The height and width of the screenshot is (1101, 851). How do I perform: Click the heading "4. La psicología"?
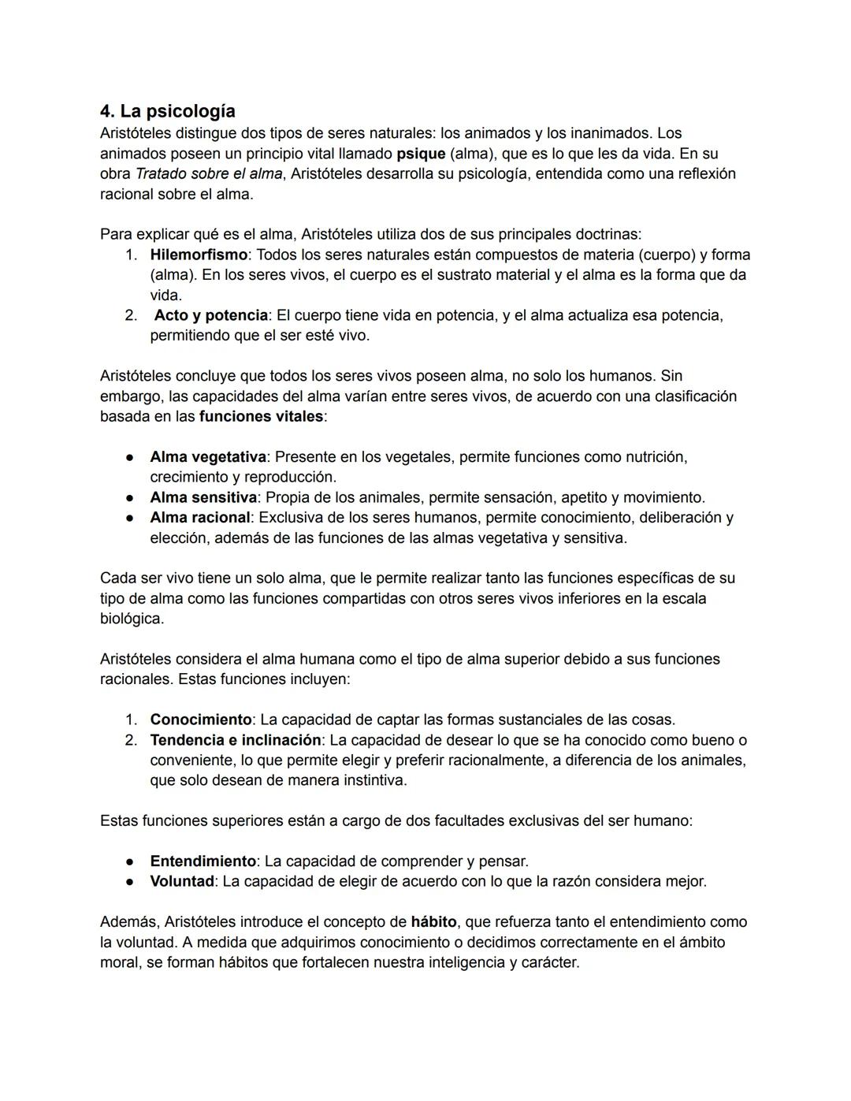pos(167,111)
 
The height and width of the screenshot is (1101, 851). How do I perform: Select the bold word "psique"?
pos(421,154)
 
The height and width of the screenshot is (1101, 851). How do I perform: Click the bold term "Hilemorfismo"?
pos(199,255)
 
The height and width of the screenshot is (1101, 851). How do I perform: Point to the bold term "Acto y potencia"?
pos(210,316)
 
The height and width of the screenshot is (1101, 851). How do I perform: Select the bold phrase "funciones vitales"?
pos(261,416)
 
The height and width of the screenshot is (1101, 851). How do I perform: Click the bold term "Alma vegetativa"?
pos(208,457)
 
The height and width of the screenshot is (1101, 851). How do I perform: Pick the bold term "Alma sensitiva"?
pos(203,498)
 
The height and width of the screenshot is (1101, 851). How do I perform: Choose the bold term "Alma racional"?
pos(200,518)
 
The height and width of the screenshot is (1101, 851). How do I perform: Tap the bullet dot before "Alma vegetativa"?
pos(129,458)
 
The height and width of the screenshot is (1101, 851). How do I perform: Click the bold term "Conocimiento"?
pos(201,720)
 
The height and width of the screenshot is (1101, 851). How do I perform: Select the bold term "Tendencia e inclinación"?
pos(236,741)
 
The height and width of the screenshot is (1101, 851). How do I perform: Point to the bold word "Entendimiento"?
pos(203,861)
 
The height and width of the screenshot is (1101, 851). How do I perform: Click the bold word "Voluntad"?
pos(182,882)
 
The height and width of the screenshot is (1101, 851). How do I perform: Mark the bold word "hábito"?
pos(433,922)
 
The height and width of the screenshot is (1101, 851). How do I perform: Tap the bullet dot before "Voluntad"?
pos(129,882)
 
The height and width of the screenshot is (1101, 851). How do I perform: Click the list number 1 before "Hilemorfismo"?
pos(131,255)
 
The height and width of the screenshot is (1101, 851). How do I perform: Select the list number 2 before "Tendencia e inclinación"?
pos(131,741)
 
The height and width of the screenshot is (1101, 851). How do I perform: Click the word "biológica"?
pos(132,619)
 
